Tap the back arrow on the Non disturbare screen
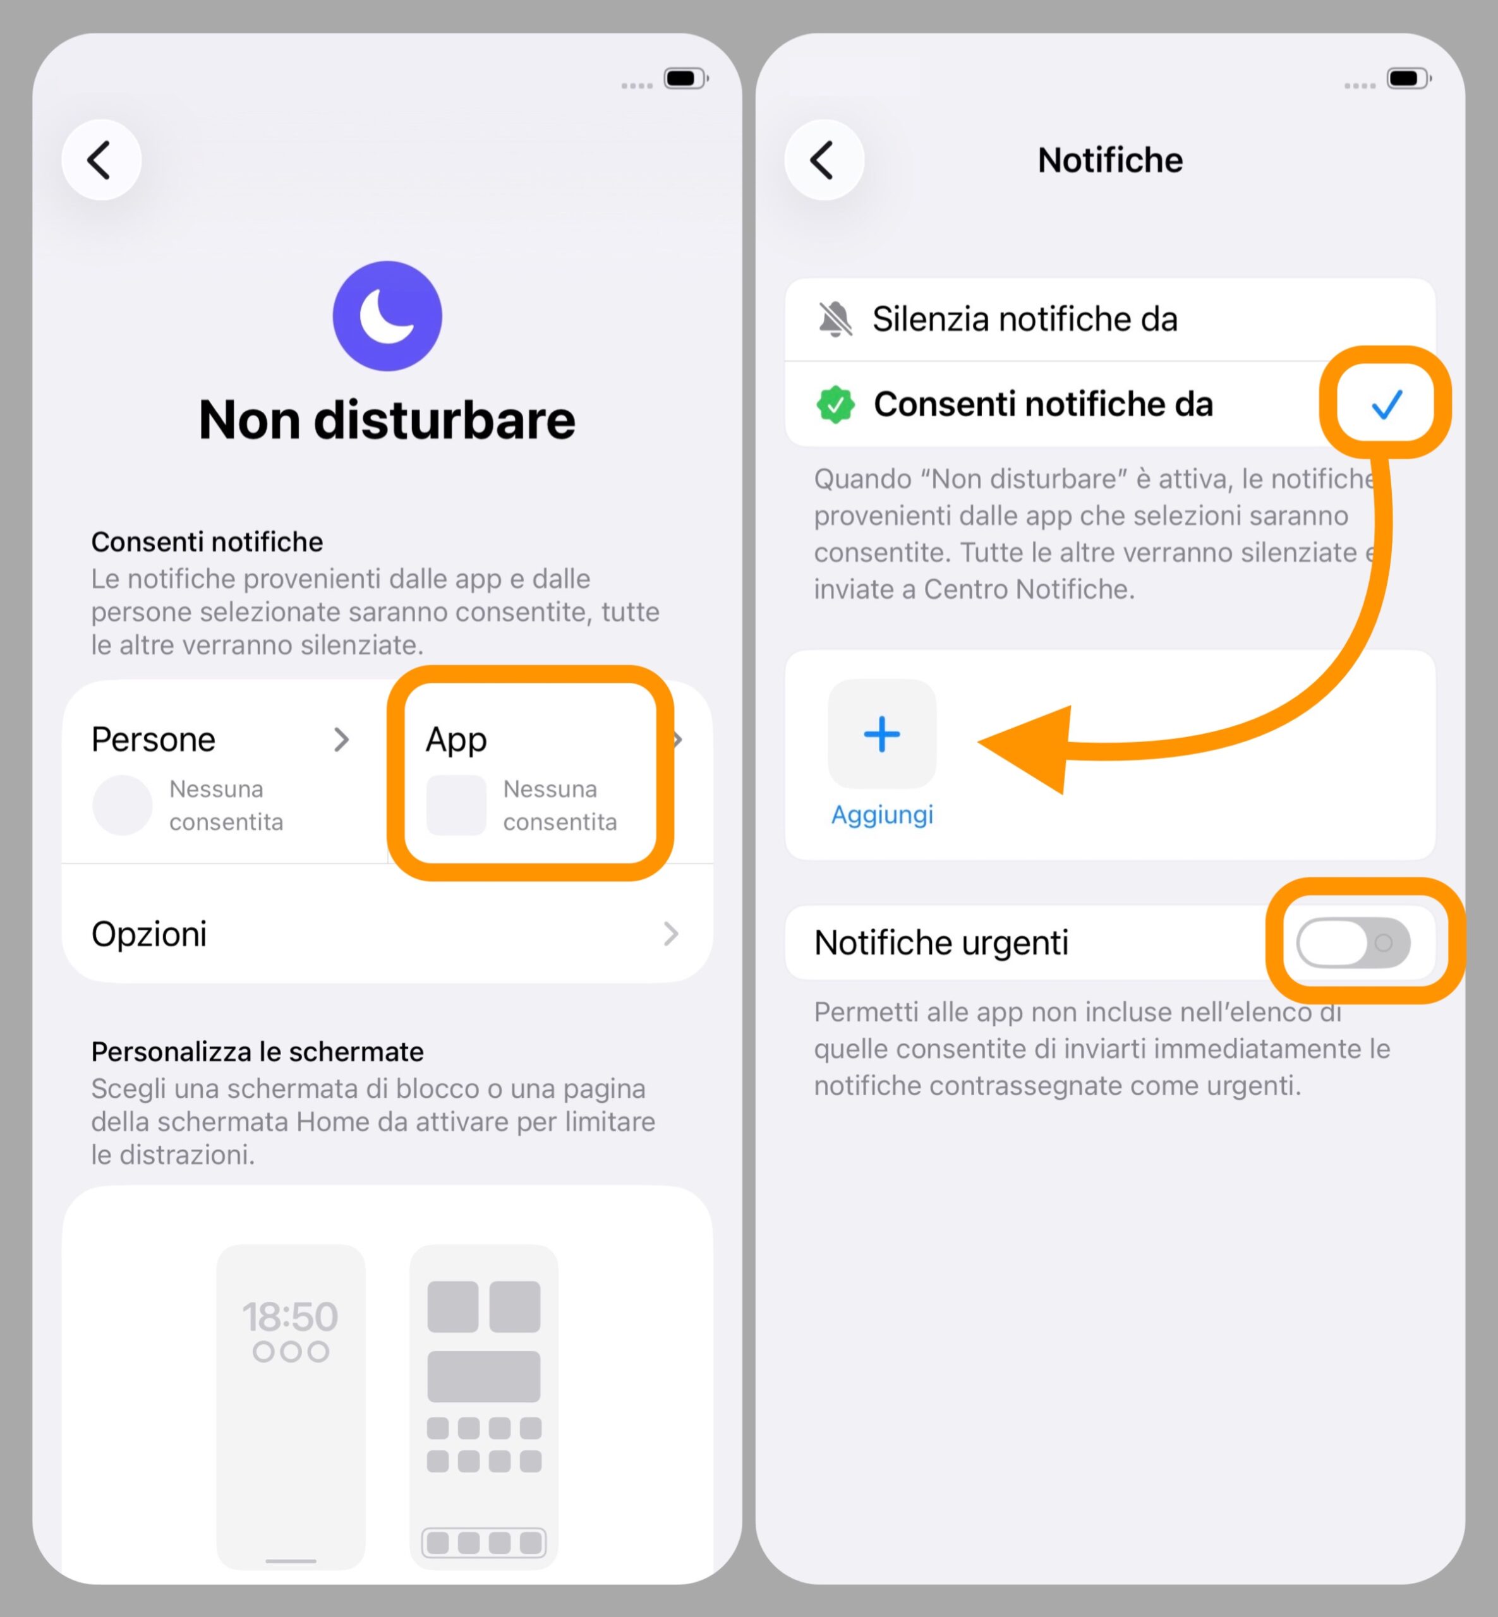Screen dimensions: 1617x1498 point(101,160)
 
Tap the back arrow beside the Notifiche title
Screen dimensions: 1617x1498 point(824,160)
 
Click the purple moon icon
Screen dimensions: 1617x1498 point(387,316)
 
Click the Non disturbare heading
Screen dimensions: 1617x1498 point(387,420)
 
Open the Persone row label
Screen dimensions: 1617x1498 point(153,739)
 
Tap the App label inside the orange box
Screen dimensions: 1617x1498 point(456,739)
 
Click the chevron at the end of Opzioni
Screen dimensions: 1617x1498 point(670,934)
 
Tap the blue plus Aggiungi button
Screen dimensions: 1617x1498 point(882,735)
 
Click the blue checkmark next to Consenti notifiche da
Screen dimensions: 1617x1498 point(1386,404)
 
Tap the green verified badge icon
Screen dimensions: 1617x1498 point(835,404)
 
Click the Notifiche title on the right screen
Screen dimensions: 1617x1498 point(1109,160)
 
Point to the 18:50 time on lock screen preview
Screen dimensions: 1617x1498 point(290,1316)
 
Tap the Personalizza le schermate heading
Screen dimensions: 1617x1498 point(257,1051)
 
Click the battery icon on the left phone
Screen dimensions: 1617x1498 point(685,78)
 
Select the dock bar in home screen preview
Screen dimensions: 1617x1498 point(484,1542)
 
